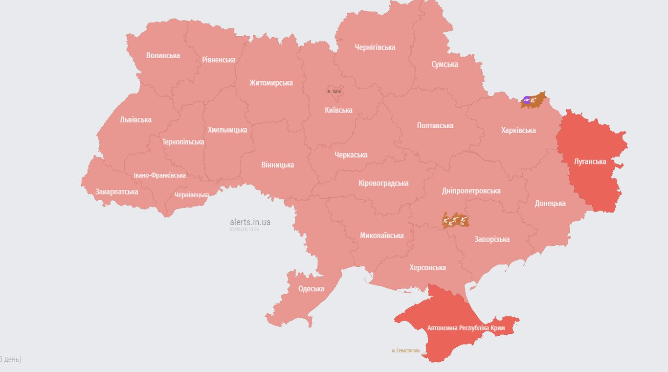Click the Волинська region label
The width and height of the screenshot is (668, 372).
tap(163, 55)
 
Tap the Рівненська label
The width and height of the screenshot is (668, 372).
tap(219, 60)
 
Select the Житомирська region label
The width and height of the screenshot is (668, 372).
tap(271, 83)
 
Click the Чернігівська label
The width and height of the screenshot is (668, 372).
tap(375, 47)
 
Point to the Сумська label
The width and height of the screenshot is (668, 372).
tap(445, 64)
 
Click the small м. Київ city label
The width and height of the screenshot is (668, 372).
tap(334, 92)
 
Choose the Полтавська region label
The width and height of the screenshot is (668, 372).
tap(435, 125)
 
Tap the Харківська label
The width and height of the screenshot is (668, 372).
tap(518, 130)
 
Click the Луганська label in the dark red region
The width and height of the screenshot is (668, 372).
tap(590, 162)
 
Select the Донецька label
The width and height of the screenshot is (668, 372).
tap(550, 203)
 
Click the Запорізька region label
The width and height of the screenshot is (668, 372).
tap(492, 239)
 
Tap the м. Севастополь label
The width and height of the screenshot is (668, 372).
tap(406, 350)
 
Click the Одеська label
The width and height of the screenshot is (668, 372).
tap(311, 289)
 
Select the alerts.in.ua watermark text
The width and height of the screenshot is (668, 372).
tap(250, 222)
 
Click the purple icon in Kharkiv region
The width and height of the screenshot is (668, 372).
tap(527, 100)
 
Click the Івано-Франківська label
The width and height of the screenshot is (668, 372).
tap(159, 175)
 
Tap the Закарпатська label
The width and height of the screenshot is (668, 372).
tap(116, 191)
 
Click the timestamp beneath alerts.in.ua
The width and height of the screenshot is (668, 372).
tap(244, 229)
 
